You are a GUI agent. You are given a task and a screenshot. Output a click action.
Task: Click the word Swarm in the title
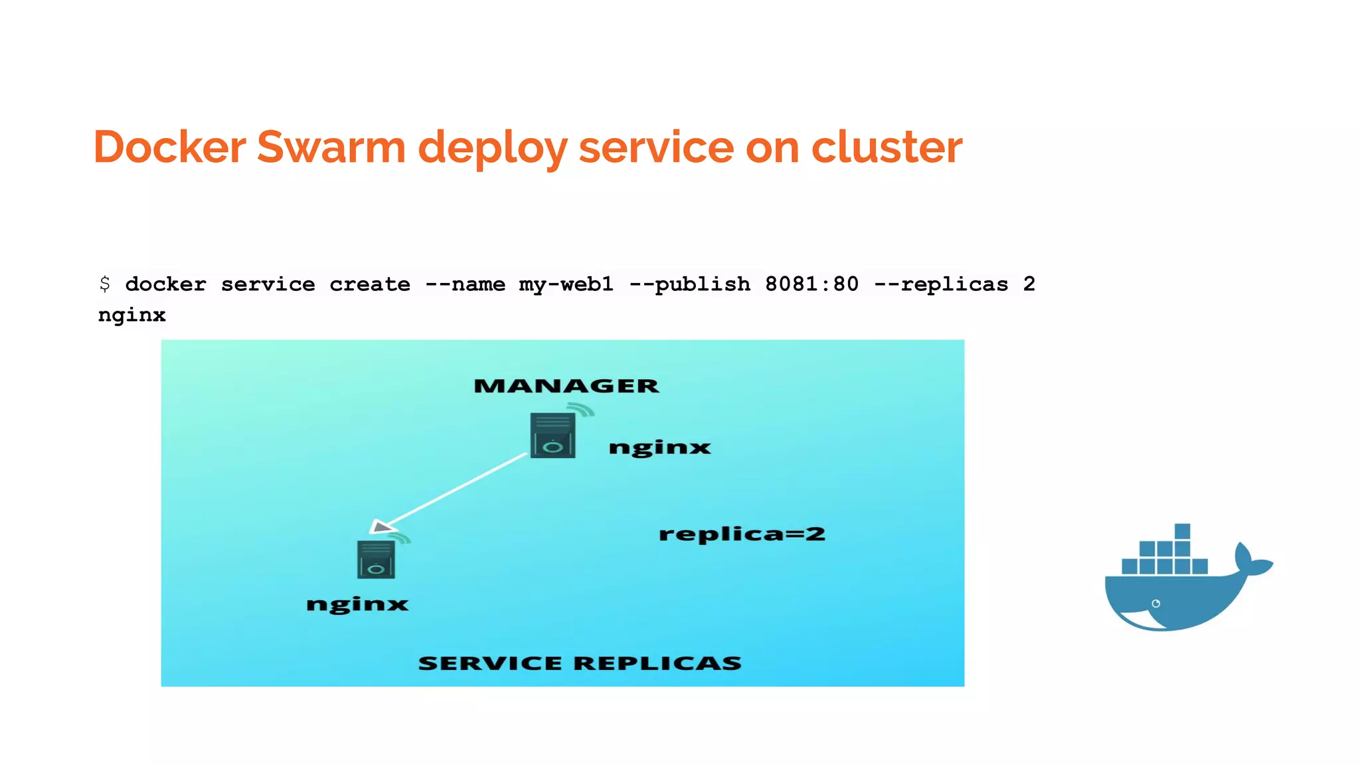click(331, 147)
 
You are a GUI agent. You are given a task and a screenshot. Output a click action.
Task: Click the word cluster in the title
click(887, 147)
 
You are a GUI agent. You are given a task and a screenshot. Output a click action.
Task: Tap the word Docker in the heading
click(169, 147)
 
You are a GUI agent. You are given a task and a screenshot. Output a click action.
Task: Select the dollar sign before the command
click(105, 284)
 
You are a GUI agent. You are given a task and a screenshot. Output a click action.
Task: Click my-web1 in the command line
click(566, 284)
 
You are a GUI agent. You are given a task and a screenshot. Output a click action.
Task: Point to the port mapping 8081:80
click(811, 284)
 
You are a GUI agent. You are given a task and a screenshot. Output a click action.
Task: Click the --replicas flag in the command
click(941, 284)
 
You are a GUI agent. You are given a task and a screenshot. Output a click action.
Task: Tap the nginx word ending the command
click(131, 315)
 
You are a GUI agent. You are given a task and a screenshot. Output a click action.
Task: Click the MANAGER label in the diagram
click(566, 386)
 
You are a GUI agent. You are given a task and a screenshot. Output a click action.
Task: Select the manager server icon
click(552, 436)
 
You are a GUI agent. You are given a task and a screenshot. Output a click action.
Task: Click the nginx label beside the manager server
click(659, 448)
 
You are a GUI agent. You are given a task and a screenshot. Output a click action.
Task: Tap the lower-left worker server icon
click(376, 559)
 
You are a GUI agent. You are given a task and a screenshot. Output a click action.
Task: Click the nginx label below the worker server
click(357, 604)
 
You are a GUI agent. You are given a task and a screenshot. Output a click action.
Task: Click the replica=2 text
click(742, 534)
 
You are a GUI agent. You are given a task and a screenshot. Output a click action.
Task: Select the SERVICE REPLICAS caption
click(580, 663)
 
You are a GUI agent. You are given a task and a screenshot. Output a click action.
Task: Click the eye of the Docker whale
click(1155, 604)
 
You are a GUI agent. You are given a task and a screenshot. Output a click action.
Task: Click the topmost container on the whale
click(1182, 531)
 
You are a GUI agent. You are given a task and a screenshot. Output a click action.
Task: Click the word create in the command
click(370, 284)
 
